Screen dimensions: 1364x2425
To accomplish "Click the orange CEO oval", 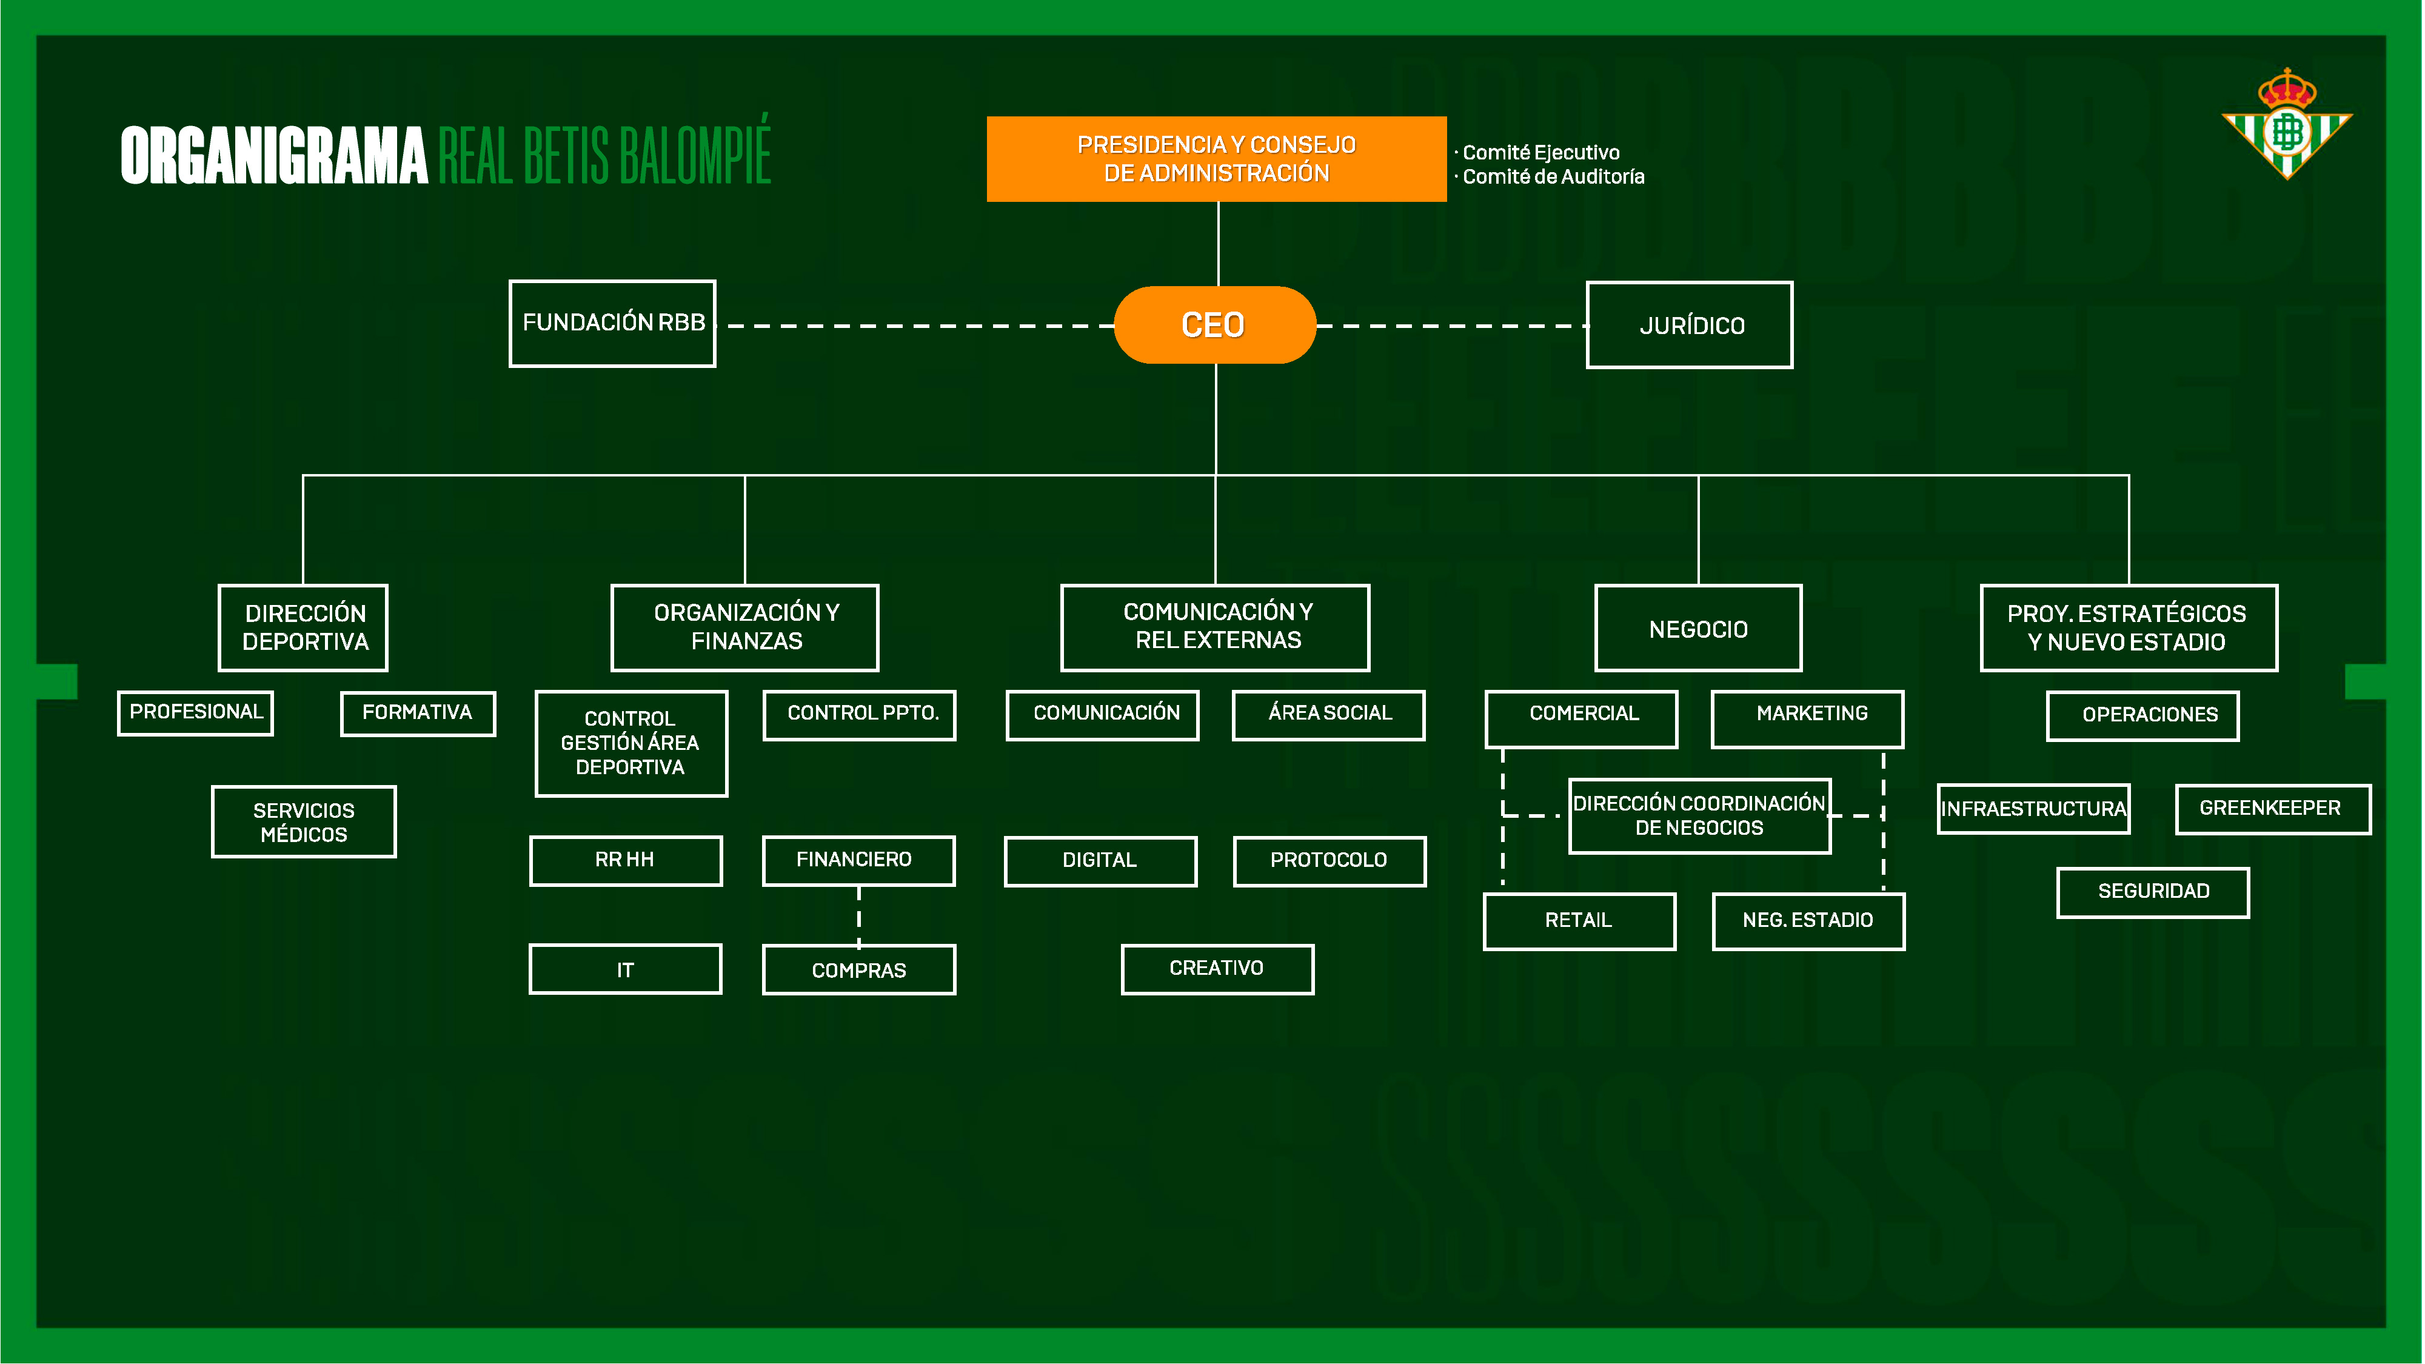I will click(1214, 325).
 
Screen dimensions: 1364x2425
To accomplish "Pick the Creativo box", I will click(1217, 969).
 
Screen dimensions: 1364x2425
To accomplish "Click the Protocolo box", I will click(1330, 860).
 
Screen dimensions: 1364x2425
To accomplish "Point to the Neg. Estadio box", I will click(1808, 921).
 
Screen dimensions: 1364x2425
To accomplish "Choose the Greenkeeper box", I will click(2272, 809).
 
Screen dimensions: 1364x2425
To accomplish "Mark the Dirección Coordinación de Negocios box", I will click(1699, 815).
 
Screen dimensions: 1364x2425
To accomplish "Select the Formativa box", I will click(417, 712).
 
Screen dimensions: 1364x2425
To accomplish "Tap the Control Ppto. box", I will click(860, 714).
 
